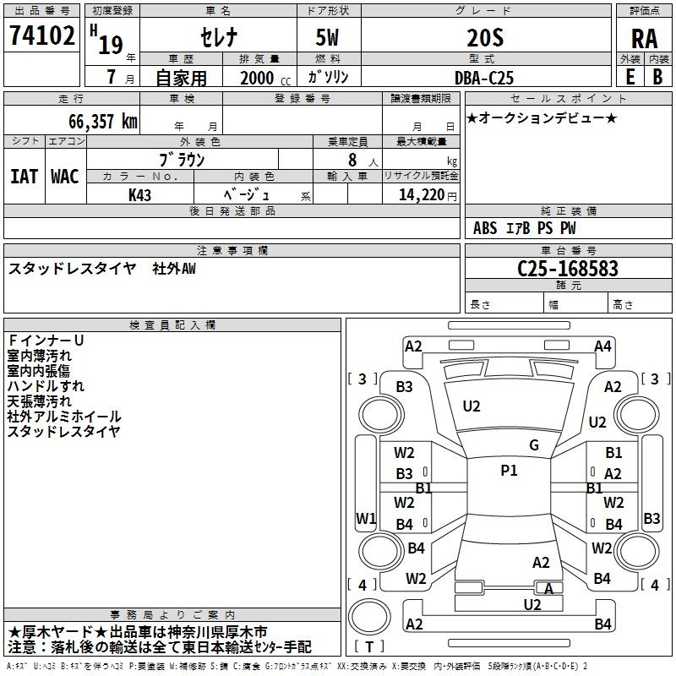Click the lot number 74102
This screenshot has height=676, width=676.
[41, 35]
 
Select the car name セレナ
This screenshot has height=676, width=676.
[219, 37]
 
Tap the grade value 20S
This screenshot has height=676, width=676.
[485, 37]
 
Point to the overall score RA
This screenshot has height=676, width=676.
[644, 39]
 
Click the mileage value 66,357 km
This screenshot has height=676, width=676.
[102, 121]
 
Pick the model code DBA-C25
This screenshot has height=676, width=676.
[484, 78]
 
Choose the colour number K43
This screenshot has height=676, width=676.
[139, 195]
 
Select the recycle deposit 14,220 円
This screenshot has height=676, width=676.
[428, 195]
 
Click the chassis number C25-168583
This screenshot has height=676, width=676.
[567, 268]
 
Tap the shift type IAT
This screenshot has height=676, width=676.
[25, 177]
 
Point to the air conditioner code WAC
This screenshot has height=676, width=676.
[65, 177]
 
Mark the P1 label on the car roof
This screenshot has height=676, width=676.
[509, 471]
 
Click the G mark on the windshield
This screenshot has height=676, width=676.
[534, 445]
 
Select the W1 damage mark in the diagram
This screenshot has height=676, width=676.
[366, 518]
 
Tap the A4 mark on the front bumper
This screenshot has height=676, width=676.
[602, 346]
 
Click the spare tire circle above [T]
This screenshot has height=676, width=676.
[369, 617]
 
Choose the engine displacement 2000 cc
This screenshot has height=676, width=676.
[265, 78]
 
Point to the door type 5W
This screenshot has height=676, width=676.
[327, 37]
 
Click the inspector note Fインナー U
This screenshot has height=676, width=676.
[46, 341]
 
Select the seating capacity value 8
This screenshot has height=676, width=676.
[352, 160]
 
